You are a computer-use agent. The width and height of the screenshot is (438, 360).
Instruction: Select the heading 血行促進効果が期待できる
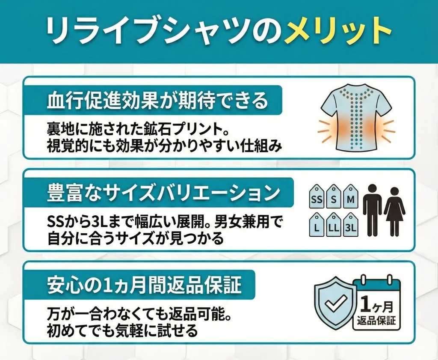coord(157,101)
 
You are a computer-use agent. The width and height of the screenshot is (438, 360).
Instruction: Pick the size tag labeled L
coord(316,227)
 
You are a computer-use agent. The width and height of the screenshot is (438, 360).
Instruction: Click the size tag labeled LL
coord(333,227)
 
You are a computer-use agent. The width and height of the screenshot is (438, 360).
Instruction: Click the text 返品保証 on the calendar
coord(376,320)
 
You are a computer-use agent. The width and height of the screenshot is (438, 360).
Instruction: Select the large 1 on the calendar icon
coord(366,304)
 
